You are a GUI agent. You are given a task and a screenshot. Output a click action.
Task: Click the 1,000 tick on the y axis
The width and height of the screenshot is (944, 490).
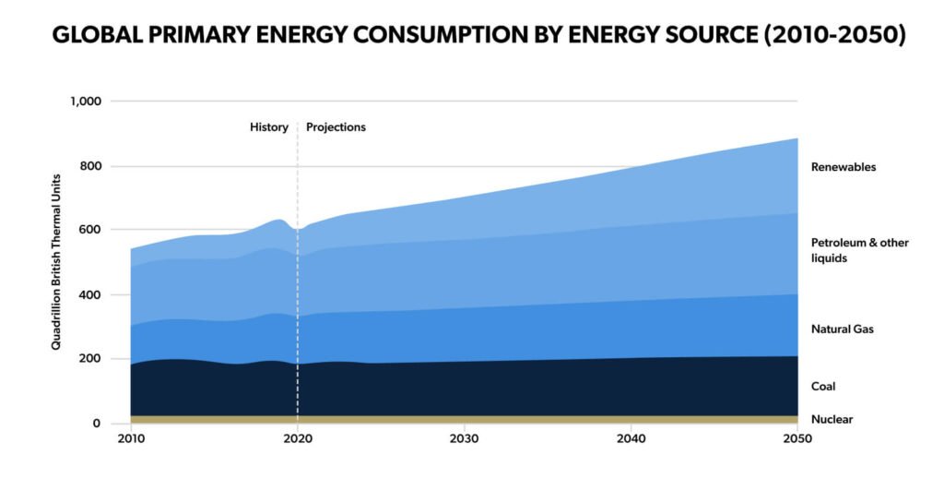tap(86, 101)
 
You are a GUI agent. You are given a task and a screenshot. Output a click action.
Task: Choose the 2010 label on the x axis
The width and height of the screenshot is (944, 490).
tap(131, 440)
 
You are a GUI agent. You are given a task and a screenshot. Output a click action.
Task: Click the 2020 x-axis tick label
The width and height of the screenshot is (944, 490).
tap(297, 440)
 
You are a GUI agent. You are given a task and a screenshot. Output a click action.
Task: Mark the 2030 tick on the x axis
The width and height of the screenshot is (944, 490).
tap(463, 440)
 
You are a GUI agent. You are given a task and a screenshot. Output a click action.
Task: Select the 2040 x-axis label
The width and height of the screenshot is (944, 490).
tap(631, 440)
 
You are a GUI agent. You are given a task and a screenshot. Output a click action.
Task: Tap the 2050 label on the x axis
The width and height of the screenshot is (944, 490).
tap(797, 440)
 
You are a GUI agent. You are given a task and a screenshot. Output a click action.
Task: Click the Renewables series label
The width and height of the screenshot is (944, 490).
tap(843, 167)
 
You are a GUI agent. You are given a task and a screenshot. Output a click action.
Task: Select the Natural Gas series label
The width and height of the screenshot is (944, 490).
tap(842, 329)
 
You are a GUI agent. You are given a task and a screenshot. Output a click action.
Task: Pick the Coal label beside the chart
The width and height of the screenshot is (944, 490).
tap(823, 387)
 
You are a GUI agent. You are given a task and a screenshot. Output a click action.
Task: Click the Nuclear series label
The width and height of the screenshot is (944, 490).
tap(832, 419)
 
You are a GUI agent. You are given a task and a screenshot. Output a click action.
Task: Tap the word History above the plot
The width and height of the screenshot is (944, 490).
tap(269, 127)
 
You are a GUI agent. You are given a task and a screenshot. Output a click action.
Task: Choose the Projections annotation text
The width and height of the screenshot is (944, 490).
tap(336, 127)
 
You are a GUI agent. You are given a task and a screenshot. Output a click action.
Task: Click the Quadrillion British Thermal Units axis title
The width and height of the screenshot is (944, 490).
tap(56, 262)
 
